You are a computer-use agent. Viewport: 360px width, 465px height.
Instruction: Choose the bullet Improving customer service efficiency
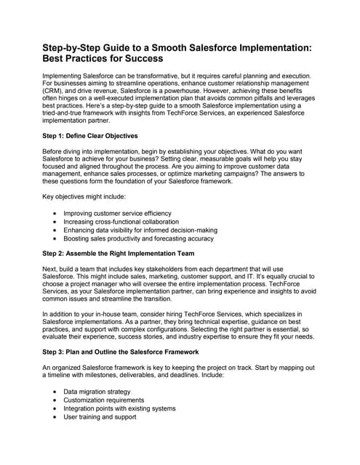125,214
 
